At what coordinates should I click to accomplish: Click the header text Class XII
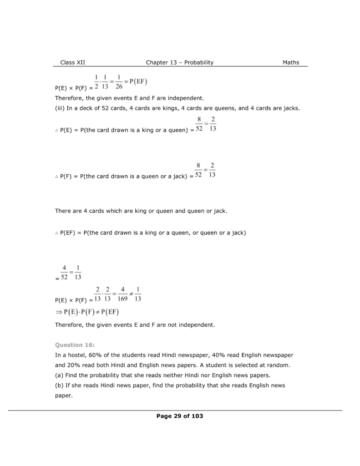(x=72, y=63)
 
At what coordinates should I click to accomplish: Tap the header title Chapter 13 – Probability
(x=180, y=63)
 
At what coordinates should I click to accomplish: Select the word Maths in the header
(x=291, y=63)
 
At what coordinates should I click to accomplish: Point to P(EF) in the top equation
(x=138, y=82)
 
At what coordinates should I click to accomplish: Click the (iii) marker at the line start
(x=59, y=108)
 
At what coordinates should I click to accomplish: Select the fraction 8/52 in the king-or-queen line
(x=199, y=124)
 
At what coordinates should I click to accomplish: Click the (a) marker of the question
(x=59, y=375)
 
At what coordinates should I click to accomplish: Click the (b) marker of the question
(x=59, y=385)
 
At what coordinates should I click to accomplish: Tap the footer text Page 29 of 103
(x=180, y=416)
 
